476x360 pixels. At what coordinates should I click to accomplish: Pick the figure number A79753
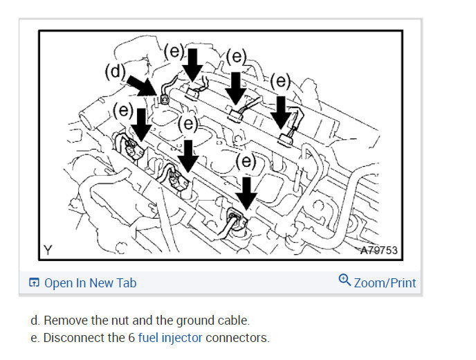(x=378, y=249)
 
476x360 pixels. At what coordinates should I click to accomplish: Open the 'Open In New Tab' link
(x=90, y=282)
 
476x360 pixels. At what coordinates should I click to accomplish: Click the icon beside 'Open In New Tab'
(x=34, y=282)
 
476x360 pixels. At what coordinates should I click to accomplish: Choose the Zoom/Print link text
(x=385, y=282)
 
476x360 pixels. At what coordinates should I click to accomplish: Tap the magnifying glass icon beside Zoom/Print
(x=345, y=281)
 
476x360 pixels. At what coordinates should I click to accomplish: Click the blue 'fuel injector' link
(x=170, y=338)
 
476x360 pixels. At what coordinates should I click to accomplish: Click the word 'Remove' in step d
(x=73, y=321)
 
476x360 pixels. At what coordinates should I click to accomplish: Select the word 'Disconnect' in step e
(x=73, y=338)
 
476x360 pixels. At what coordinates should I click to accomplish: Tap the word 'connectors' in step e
(x=237, y=338)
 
